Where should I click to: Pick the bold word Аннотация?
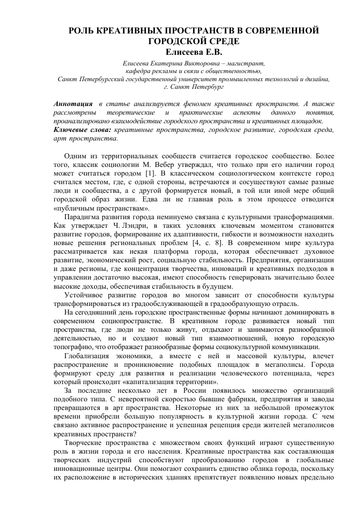pyautogui.click(x=73, y=104)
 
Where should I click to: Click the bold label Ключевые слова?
pyautogui.click(x=82, y=130)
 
